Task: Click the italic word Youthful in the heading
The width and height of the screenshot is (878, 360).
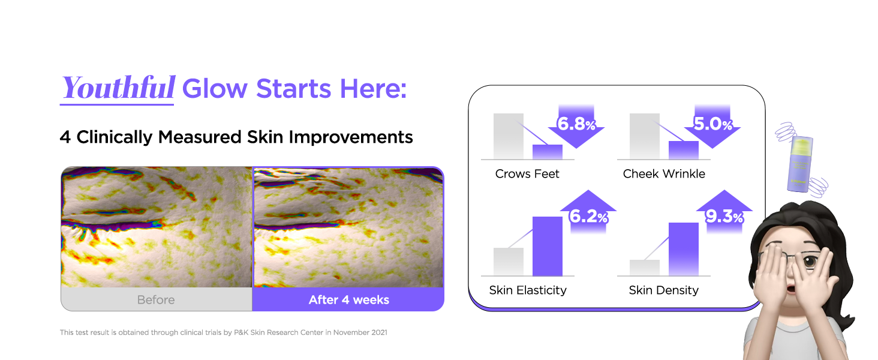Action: (x=118, y=88)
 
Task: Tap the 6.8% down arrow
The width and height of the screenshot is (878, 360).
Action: (x=576, y=126)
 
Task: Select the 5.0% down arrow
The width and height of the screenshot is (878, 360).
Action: (x=712, y=126)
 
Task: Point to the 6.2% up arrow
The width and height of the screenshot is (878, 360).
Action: (x=588, y=212)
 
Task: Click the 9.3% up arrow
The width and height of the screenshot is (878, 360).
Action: (x=724, y=212)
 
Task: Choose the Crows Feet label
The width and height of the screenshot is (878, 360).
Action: (x=527, y=174)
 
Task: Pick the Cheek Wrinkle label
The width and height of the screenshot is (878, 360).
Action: (x=664, y=174)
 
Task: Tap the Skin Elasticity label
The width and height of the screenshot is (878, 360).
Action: (x=528, y=290)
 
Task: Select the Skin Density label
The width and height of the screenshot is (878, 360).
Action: (x=663, y=290)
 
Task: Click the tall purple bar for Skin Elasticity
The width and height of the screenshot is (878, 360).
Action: (x=547, y=246)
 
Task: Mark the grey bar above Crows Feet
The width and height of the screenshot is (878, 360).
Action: (x=509, y=136)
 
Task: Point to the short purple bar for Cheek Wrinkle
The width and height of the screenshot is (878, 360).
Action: (x=684, y=150)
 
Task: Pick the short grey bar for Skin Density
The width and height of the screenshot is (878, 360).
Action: (x=644, y=268)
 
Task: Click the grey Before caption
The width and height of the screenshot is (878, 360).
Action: (x=156, y=300)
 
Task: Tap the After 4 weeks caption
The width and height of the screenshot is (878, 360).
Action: (x=349, y=300)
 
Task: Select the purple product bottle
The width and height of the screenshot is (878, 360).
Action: (x=801, y=164)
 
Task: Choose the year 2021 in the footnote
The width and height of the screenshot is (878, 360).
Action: (x=379, y=332)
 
